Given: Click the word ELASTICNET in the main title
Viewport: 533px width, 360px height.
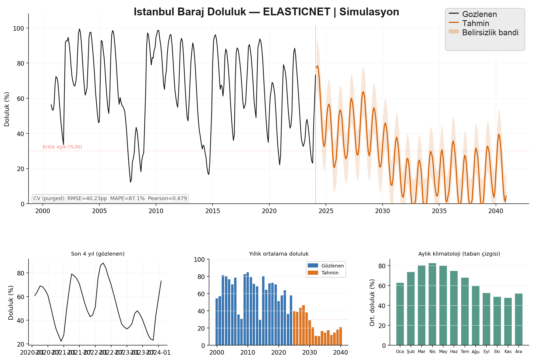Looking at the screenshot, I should (296, 12).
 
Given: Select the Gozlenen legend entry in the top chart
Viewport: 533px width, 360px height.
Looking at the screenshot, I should (479, 14).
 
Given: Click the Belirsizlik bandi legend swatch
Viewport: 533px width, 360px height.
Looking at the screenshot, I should (454, 31).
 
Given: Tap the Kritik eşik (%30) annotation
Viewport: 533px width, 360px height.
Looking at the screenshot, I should (62, 147).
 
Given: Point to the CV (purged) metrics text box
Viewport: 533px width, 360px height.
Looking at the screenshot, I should (110, 199).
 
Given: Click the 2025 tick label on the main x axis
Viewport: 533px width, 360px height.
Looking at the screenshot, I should (326, 211).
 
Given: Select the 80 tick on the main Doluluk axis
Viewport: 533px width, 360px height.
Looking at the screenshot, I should (20, 63).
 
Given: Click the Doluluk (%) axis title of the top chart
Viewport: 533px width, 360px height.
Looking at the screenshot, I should (7, 109).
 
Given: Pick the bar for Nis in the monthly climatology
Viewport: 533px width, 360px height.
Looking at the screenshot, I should (432, 304).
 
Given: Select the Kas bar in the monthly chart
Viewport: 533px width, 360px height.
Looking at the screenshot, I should (508, 321).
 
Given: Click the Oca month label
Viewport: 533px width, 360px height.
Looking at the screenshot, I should (400, 352).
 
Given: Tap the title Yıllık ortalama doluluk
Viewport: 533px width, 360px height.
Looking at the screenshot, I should (279, 254).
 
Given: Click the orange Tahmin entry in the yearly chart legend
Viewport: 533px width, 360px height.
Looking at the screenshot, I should (330, 273).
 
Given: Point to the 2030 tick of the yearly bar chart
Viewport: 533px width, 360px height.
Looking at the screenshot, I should (310, 352).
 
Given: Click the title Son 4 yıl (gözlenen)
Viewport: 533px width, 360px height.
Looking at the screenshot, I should (98, 254).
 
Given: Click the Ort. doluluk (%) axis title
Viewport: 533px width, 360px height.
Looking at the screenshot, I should (372, 303).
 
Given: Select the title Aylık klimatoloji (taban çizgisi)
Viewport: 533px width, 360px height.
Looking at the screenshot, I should (459, 254).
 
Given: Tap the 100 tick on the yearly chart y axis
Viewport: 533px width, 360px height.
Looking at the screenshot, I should (199, 260).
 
